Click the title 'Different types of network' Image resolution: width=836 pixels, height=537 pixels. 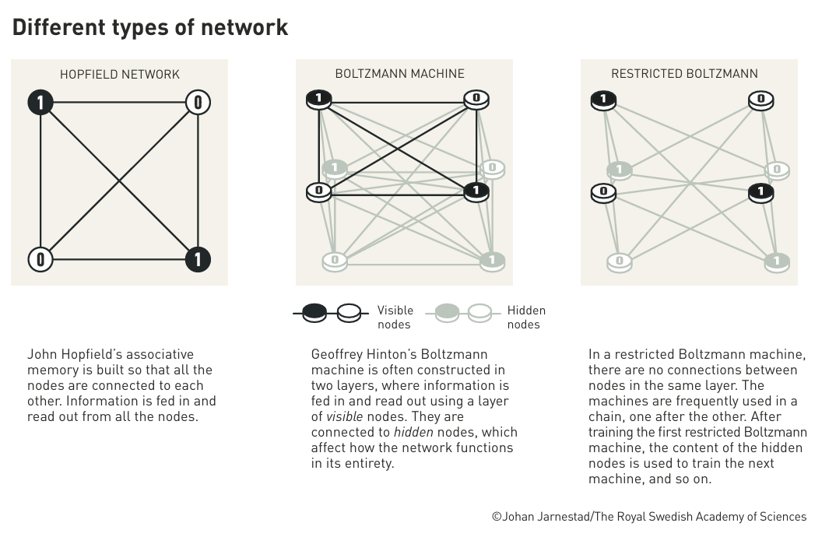click(x=149, y=28)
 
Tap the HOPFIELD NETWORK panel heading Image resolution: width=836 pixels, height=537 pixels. click(x=119, y=74)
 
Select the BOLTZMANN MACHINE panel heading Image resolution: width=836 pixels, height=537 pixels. click(x=400, y=74)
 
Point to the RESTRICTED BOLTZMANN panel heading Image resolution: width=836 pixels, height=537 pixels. click(x=684, y=74)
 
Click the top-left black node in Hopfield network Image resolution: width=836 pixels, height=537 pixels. click(x=40, y=102)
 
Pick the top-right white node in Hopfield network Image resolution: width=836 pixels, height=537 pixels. click(x=198, y=102)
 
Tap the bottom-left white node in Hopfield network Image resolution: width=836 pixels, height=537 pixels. click(x=40, y=260)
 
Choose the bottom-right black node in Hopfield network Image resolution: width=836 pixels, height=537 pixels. click(x=198, y=260)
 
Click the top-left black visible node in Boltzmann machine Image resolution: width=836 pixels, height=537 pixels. click(x=319, y=100)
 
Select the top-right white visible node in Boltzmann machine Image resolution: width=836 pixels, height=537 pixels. click(x=476, y=100)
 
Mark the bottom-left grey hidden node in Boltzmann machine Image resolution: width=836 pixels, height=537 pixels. click(x=335, y=261)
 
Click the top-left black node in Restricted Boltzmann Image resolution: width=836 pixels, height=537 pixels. click(x=603, y=100)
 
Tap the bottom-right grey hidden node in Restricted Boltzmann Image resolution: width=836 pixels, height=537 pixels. click(x=777, y=262)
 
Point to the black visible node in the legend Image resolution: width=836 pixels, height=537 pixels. click(x=314, y=313)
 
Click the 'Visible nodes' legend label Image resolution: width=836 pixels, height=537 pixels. click(x=395, y=318)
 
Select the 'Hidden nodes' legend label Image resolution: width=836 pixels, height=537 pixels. click(x=526, y=318)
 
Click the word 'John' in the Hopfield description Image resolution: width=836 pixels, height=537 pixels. click(x=42, y=355)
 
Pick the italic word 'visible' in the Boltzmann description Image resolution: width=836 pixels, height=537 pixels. click(x=344, y=416)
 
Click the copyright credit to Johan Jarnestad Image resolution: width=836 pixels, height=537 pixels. click(x=649, y=517)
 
